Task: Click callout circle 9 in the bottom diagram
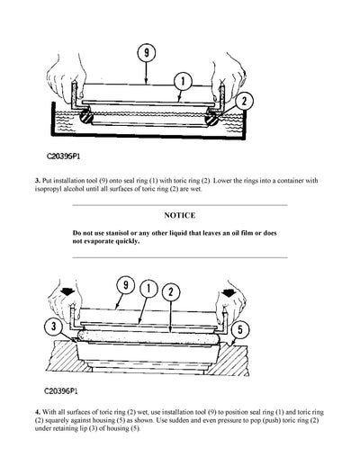pyautogui.click(x=123, y=289)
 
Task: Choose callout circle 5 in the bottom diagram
pyautogui.click(x=237, y=327)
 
